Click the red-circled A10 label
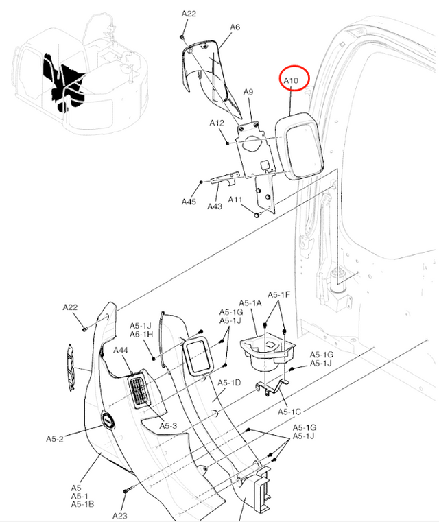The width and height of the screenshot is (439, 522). (x=292, y=81)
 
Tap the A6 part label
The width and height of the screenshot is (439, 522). (x=235, y=27)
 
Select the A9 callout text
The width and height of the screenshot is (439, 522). (x=248, y=91)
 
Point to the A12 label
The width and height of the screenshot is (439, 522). (x=217, y=123)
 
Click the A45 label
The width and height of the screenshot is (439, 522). (x=189, y=202)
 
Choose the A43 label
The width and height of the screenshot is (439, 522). (x=215, y=206)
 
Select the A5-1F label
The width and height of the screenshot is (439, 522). (x=279, y=295)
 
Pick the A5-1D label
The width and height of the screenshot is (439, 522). (x=228, y=383)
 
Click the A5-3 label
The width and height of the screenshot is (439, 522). (x=169, y=426)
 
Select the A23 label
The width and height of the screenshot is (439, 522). (x=120, y=516)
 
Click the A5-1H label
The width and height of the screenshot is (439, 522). (x=141, y=334)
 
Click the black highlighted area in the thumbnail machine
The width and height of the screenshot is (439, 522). (x=64, y=79)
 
